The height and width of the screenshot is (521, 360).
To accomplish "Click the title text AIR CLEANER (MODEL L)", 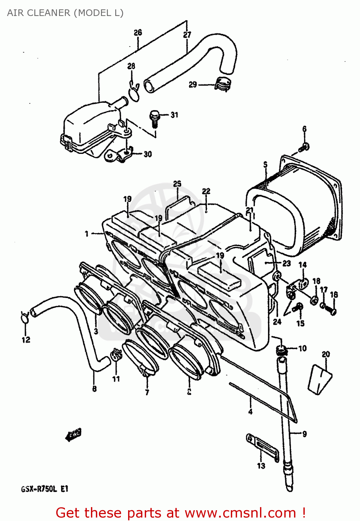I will pos(65,13).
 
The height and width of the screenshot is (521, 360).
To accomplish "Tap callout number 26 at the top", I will pos(138,32).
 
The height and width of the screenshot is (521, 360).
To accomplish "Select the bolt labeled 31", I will pos(154,118).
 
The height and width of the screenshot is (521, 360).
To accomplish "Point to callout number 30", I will pos(148,154).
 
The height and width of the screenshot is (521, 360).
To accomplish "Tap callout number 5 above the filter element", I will pos(266,164).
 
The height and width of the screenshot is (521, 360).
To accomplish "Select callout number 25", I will pos(177,183).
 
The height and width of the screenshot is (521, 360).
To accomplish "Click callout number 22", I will pos(206,191).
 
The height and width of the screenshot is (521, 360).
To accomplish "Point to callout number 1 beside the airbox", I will pos(87,234).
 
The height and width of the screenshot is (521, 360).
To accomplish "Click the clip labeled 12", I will pos(25,317).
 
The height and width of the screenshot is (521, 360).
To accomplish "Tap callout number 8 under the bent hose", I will pos(94,389).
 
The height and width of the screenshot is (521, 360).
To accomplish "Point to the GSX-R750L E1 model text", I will pos(45,489).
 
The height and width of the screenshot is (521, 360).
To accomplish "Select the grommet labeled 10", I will pos(282,350).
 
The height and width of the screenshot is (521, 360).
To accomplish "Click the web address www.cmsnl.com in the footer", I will pos(240,513).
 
